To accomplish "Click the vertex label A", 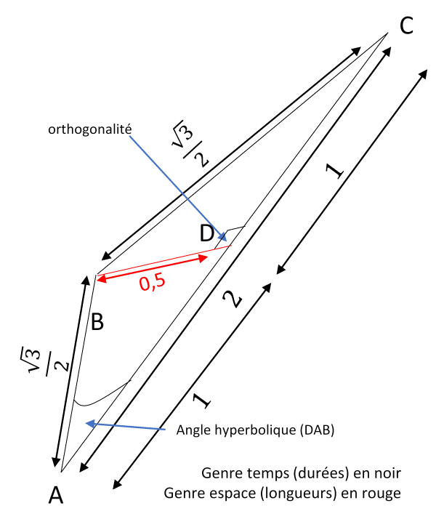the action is point(56,496).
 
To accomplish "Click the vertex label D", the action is point(207,233).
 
